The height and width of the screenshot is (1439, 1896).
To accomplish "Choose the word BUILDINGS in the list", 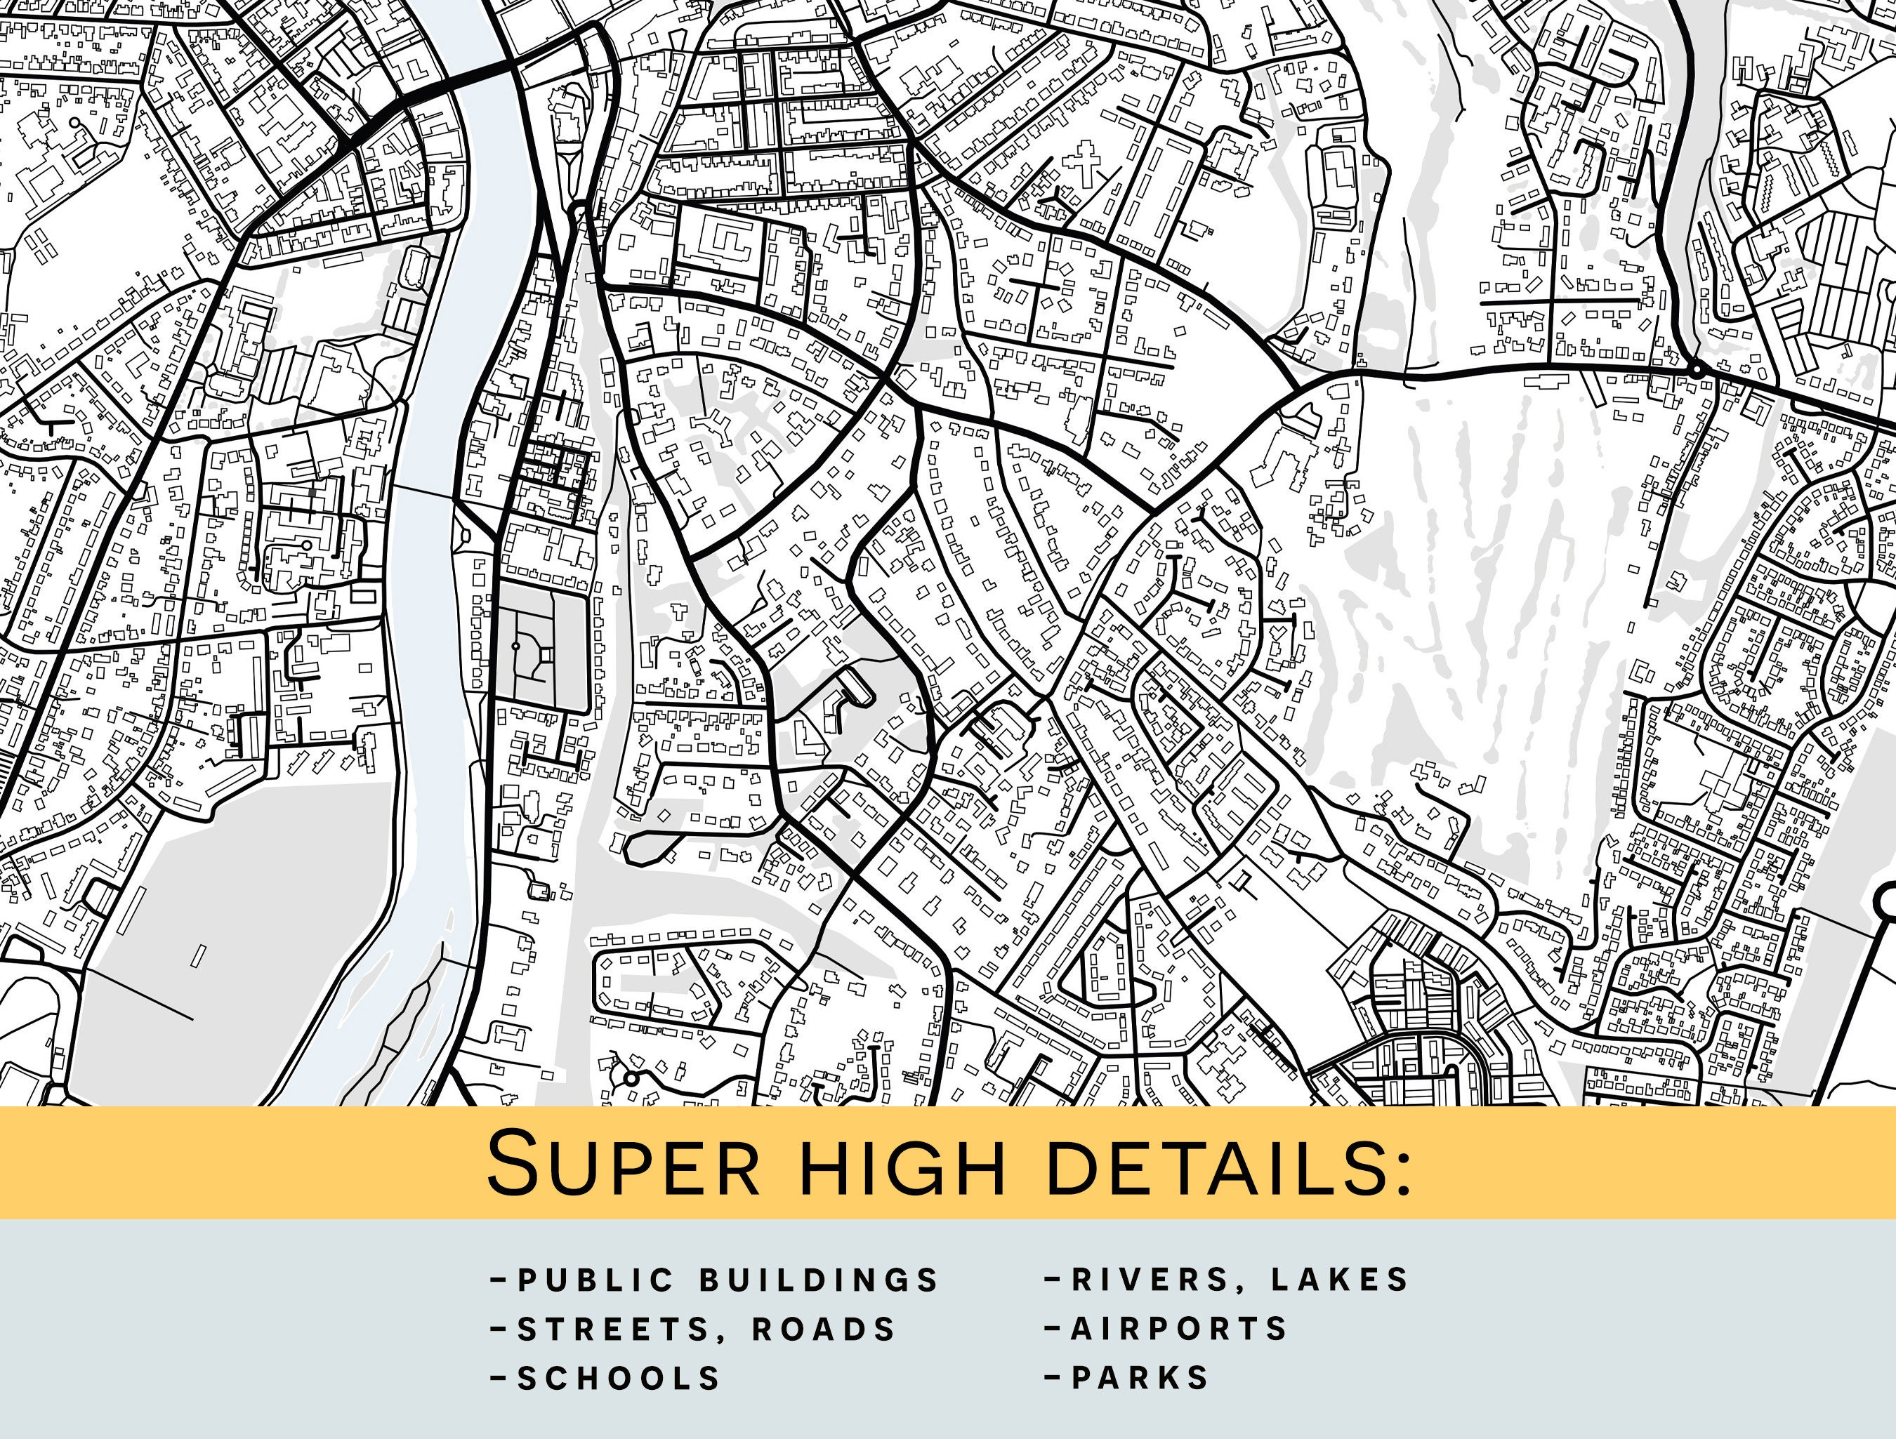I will tap(819, 1280).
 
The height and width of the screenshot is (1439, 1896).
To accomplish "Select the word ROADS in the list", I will tap(824, 1329).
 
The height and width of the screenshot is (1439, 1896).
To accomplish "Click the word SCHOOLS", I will tap(619, 1378).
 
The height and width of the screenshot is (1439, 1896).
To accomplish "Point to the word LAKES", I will tap(1340, 1280).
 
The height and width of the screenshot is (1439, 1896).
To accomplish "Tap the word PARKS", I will tap(1140, 1378).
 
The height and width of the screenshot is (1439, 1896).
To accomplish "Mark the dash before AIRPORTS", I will tap(1053, 1328).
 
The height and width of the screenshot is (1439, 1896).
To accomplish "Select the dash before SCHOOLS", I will tap(499, 1378).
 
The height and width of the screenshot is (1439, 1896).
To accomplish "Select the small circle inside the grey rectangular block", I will tap(516, 645).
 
